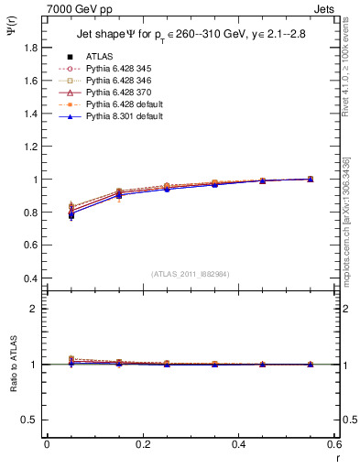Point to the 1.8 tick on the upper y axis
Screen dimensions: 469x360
[x=32, y=47]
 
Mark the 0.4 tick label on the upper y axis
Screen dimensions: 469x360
[x=32, y=278]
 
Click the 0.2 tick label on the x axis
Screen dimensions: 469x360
[x=142, y=443]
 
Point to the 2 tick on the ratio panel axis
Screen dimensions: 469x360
[x=37, y=309]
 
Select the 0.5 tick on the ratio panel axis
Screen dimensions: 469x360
[x=32, y=420]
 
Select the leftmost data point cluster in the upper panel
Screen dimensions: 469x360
[x=71, y=212]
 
